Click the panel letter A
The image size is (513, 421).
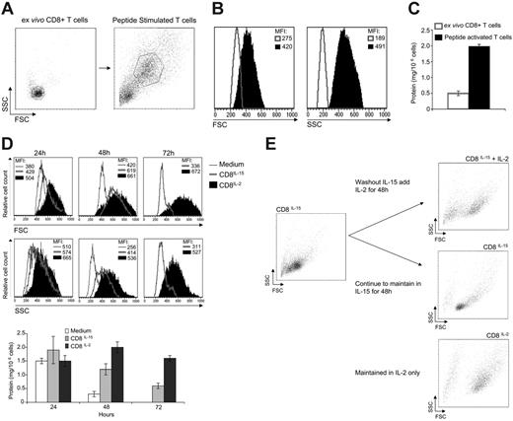[x=8, y=9]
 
